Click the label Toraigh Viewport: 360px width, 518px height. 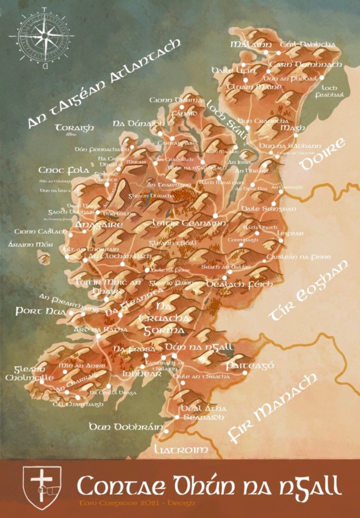coord(75,128)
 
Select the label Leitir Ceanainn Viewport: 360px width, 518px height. coord(189,223)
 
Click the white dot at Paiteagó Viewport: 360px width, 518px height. coord(245,373)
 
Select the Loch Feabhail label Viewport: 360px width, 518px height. coord(329,91)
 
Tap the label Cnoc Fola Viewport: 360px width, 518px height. coord(64,170)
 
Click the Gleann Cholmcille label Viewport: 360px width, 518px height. coord(29,373)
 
